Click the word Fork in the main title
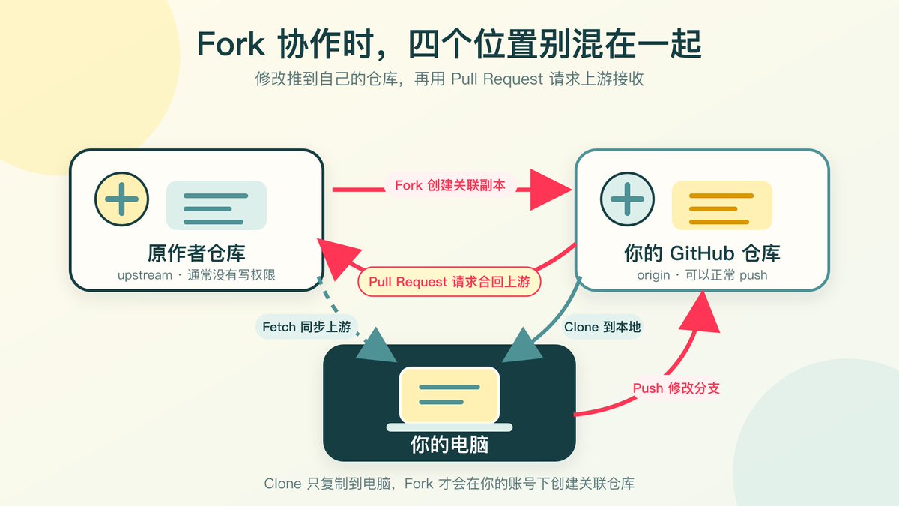click(231, 44)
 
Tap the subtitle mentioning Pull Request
click(449, 79)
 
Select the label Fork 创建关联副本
click(450, 186)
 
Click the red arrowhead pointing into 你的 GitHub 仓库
click(551, 190)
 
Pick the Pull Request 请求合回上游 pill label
click(449, 282)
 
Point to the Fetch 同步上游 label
click(306, 327)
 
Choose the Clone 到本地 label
click(602, 327)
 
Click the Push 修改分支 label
click(676, 388)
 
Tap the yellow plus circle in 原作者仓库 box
click(121, 199)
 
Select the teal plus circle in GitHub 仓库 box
click(627, 199)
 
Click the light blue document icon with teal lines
click(217, 205)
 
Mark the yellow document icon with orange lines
click(722, 205)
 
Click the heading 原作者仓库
click(196, 253)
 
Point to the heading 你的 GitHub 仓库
click(702, 253)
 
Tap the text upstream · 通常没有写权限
click(196, 275)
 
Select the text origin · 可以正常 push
click(702, 275)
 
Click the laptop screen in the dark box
click(449, 395)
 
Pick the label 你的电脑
click(449, 445)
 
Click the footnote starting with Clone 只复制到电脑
click(449, 484)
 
